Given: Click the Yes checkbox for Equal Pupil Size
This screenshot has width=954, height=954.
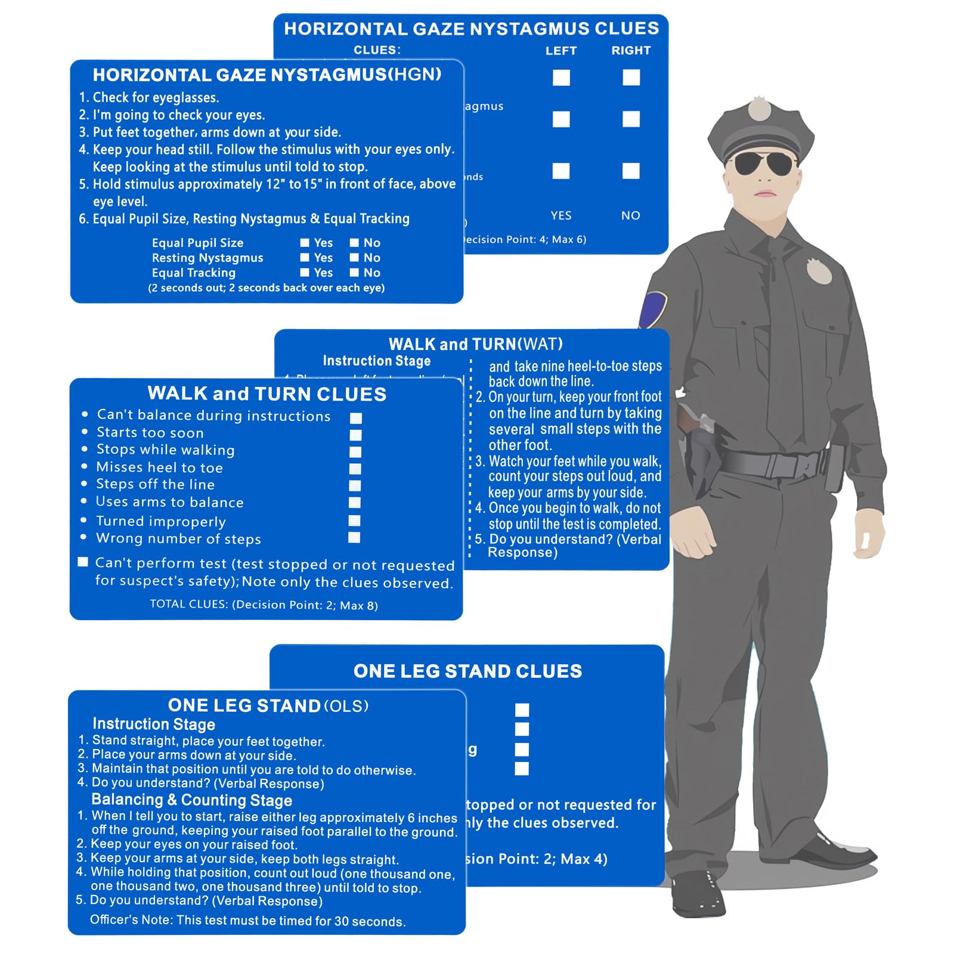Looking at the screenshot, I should pyautogui.click(x=305, y=243).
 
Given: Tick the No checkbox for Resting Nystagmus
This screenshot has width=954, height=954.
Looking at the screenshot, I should pyautogui.click(x=354, y=258).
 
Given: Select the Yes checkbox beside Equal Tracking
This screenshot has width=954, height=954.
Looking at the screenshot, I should pyautogui.click(x=305, y=272).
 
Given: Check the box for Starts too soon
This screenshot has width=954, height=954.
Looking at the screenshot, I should pyautogui.click(x=355, y=435).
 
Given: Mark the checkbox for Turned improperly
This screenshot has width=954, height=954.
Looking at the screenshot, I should pyautogui.click(x=355, y=521).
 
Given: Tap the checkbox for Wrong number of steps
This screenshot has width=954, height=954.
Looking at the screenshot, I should pyautogui.click(x=354, y=538).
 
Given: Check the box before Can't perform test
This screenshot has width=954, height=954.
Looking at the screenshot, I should pyautogui.click(x=83, y=562).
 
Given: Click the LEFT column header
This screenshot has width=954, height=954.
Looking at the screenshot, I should pyautogui.click(x=561, y=51).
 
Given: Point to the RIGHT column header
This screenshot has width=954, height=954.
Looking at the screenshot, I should pyautogui.click(x=631, y=51).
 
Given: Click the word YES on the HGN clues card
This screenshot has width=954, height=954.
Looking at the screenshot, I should pyautogui.click(x=561, y=216).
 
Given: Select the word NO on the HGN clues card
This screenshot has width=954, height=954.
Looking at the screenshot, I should pyautogui.click(x=631, y=216).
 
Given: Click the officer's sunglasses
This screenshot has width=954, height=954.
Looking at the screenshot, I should pyautogui.click(x=763, y=163).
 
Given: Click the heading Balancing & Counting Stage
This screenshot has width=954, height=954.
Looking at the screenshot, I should pyautogui.click(x=191, y=800).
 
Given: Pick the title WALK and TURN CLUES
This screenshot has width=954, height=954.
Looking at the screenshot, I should pyautogui.click(x=267, y=394).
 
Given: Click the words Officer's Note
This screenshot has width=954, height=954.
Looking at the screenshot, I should pyautogui.click(x=131, y=920).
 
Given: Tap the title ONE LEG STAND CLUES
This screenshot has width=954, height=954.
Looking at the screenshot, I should pyautogui.click(x=467, y=671).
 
